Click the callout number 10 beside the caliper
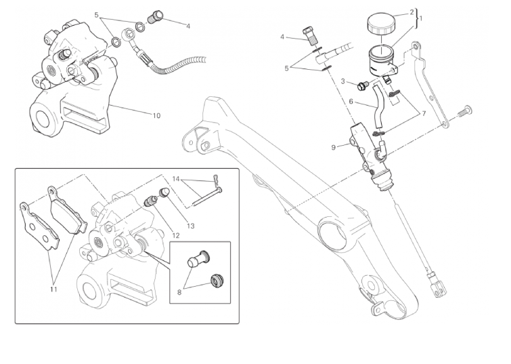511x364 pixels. click(x=156, y=115)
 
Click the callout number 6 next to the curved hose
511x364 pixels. click(x=351, y=102)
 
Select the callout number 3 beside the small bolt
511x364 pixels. click(x=343, y=81)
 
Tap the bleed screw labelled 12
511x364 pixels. click(x=153, y=201)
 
